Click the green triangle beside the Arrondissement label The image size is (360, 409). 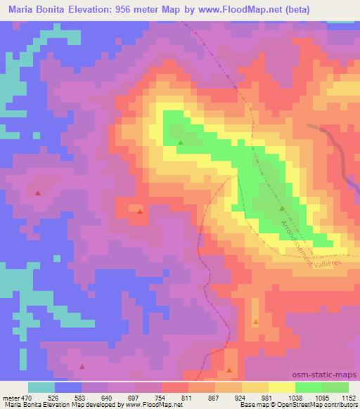coord(282,209)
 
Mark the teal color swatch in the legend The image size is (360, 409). coord(41,387)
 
